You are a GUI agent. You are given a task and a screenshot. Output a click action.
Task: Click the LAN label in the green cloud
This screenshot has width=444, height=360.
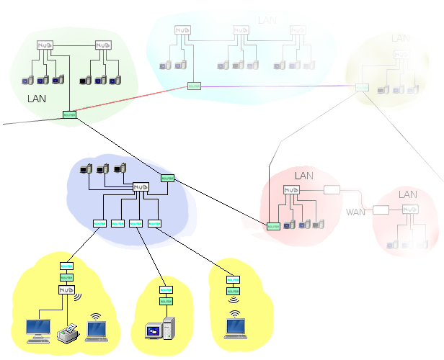[37, 98]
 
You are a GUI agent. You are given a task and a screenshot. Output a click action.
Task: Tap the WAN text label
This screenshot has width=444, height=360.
[355, 212]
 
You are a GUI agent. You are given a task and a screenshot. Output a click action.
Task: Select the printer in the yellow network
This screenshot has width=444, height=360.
[67, 333]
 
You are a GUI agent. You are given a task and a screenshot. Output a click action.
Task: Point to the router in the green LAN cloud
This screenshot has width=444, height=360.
[69, 114]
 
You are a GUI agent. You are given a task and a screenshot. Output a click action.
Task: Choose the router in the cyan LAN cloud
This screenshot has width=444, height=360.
[193, 86]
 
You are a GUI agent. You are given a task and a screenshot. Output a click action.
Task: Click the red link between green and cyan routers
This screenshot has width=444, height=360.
[130, 100]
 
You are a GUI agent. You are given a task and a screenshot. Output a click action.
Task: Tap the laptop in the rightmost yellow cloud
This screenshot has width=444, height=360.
[235, 328]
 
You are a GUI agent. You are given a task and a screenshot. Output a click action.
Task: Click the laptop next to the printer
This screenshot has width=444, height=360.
[96, 329]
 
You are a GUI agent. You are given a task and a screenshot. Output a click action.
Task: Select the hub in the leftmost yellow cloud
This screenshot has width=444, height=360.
[67, 289]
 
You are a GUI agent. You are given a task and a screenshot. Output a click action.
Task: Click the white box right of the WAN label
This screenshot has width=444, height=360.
[381, 210]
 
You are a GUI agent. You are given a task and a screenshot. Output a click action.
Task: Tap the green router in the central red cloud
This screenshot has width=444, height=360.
[272, 225]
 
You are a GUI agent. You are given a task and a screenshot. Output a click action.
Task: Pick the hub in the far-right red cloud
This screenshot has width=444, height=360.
[410, 210]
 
